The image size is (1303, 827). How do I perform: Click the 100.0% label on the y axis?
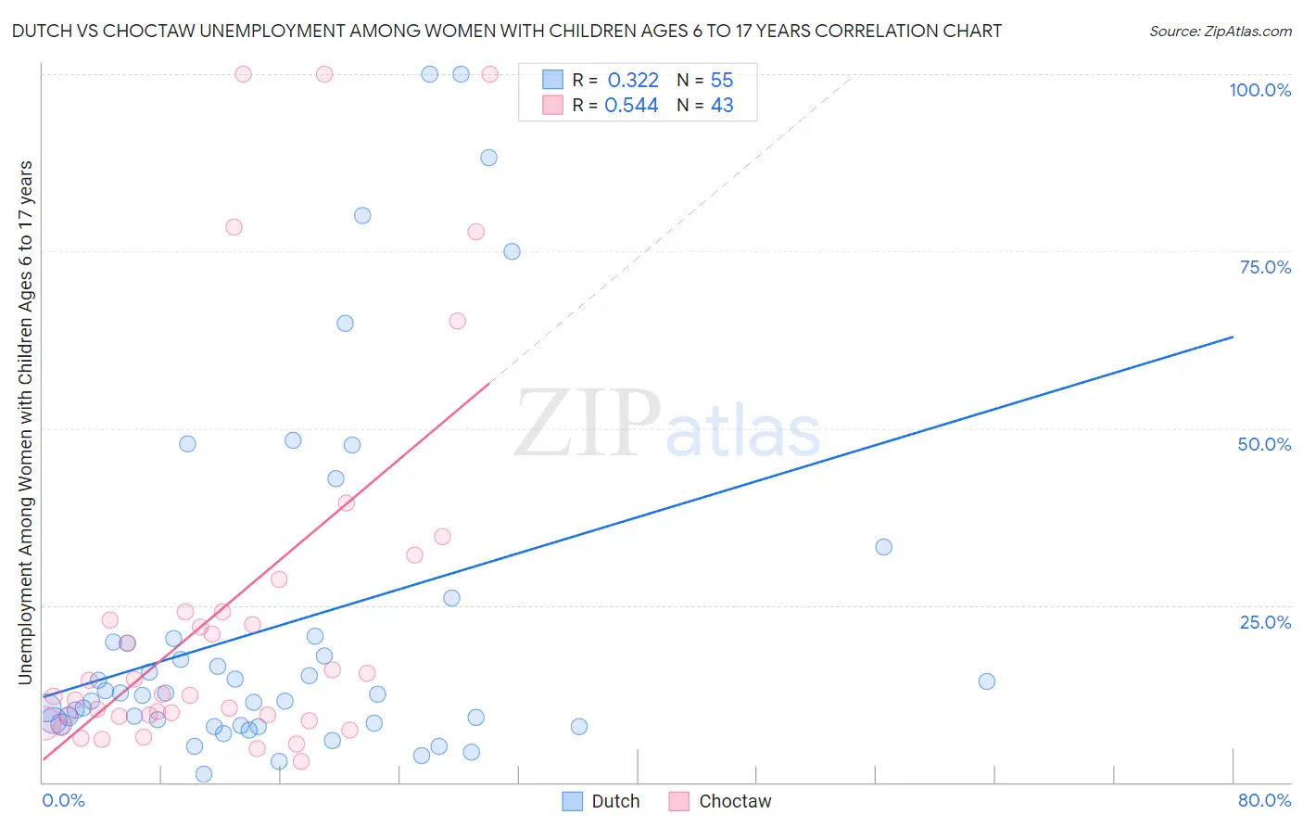1259,90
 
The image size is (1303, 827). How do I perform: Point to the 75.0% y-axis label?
1265,267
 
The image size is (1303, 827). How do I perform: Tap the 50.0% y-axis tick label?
1264,444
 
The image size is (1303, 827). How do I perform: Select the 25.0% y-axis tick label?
1265,621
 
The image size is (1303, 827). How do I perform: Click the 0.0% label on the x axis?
63,800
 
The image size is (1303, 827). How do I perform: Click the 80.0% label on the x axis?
1264,800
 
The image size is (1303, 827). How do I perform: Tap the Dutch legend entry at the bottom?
601,801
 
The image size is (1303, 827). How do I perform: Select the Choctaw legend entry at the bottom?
720,801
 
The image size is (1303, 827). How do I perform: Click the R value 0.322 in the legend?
633,81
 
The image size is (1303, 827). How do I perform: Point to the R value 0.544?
631,106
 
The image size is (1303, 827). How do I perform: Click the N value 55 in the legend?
722,81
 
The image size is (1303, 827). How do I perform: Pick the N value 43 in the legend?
722,106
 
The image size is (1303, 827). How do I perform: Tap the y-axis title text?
25,423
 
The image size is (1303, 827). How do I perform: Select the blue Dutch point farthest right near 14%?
987,681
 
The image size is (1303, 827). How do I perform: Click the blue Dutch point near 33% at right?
884,547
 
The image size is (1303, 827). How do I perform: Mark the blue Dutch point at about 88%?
488,158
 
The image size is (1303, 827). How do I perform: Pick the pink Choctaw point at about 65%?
457,321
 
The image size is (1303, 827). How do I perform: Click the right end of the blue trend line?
1233,337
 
